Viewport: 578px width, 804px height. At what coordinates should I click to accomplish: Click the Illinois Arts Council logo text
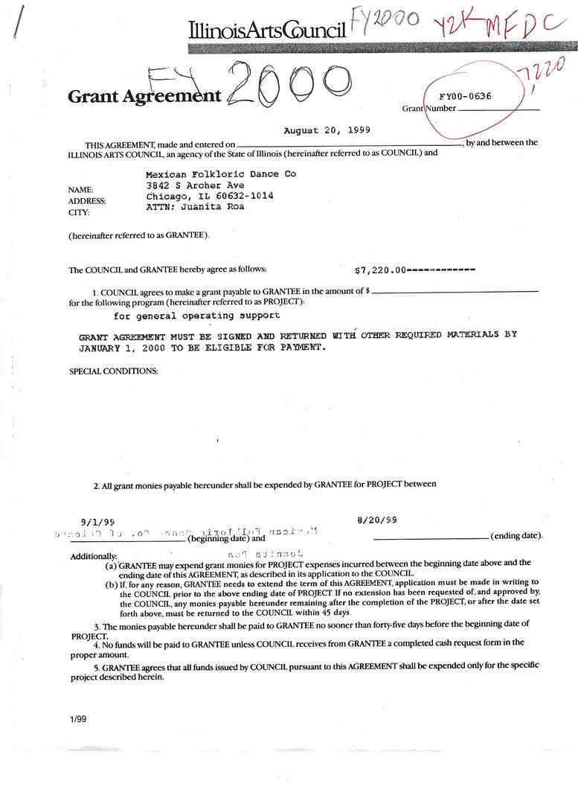(x=267, y=31)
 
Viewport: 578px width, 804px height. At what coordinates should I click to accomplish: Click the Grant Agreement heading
(x=144, y=96)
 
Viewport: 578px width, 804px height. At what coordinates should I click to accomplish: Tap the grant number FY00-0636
(x=465, y=96)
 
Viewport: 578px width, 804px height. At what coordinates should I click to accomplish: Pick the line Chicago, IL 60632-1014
(x=209, y=196)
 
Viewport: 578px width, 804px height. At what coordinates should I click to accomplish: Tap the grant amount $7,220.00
(x=382, y=269)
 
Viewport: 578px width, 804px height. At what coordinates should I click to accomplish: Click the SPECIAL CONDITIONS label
(x=113, y=371)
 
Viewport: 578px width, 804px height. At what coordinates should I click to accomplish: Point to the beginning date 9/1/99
(x=97, y=522)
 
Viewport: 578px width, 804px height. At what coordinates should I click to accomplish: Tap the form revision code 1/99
(x=78, y=721)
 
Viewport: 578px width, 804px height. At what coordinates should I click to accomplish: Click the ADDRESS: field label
(x=87, y=201)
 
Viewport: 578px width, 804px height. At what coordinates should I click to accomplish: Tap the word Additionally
(x=93, y=556)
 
